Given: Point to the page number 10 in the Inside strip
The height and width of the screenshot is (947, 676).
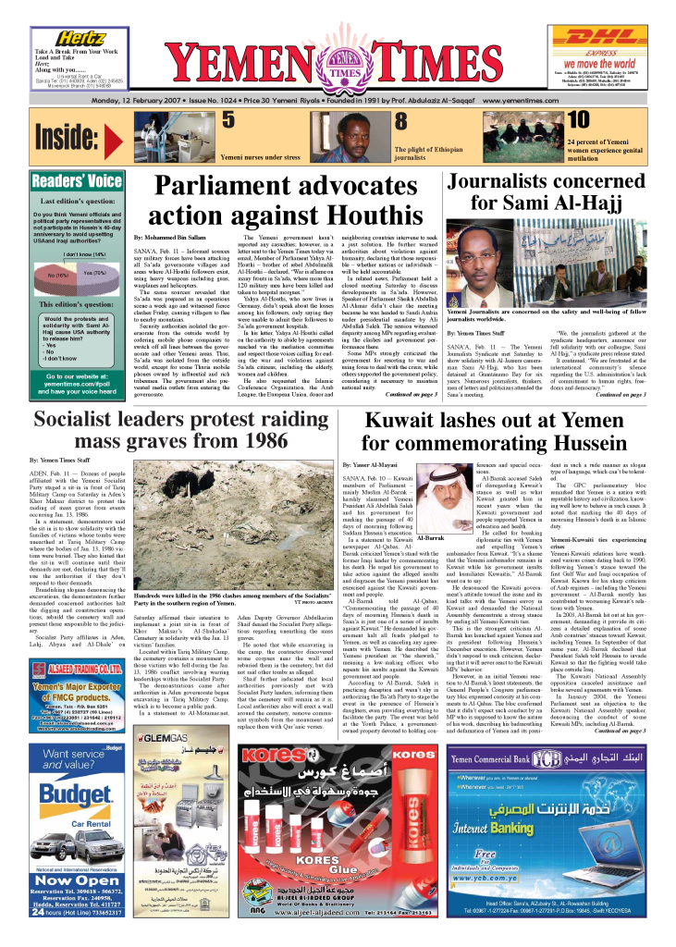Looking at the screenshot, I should pos(551,120).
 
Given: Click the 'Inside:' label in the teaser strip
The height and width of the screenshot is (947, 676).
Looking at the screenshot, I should pos(66,137).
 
